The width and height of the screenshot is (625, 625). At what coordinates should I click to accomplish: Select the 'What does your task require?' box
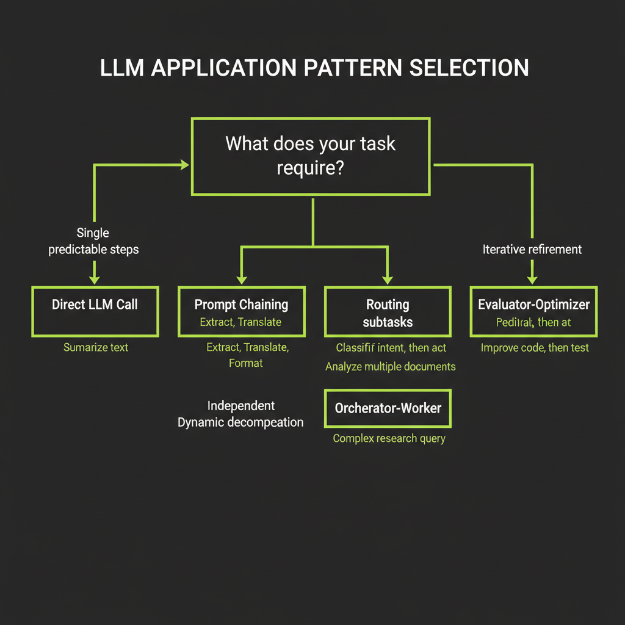(311, 156)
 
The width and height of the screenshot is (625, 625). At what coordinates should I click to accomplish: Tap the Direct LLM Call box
(95, 311)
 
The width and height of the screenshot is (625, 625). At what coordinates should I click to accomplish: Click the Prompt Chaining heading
(241, 304)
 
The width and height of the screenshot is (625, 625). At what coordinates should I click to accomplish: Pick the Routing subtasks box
(388, 312)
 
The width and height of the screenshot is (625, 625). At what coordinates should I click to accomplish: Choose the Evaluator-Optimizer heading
(533, 304)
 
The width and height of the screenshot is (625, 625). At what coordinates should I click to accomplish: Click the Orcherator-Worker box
(388, 408)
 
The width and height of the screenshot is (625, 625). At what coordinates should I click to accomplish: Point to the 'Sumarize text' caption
(96, 347)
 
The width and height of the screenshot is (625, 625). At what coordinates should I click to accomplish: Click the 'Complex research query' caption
(389, 438)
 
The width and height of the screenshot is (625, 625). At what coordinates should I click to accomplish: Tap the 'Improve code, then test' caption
(535, 348)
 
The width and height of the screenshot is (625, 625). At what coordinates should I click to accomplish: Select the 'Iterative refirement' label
(532, 249)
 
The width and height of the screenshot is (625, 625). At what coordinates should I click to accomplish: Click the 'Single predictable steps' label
(93, 241)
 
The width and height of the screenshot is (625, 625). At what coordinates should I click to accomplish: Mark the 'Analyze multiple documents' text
(391, 367)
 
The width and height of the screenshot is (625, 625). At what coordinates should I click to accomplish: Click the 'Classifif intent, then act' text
(391, 348)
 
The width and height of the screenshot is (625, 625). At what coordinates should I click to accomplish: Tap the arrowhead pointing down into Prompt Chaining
(241, 278)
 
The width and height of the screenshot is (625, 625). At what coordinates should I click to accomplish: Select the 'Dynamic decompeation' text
(240, 422)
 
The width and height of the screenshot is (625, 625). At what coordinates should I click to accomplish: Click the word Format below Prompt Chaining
(246, 363)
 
